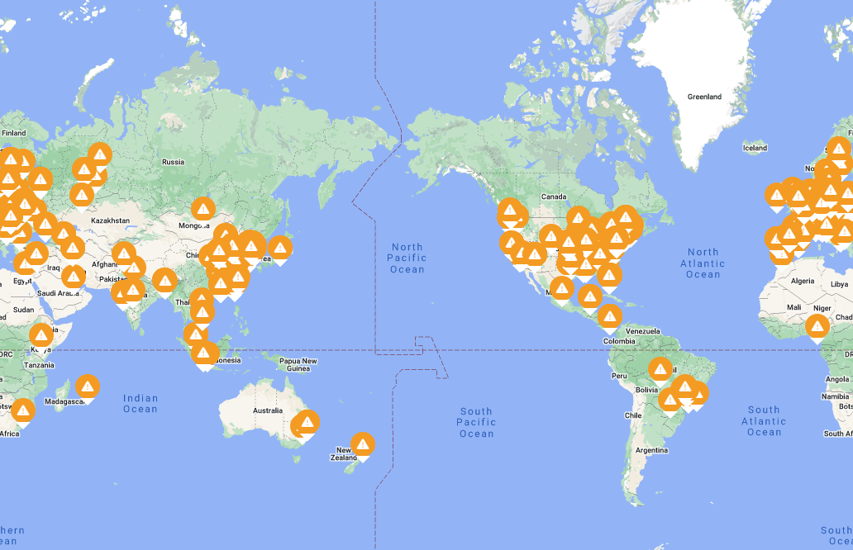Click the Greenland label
tap(704, 97)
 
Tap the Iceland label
tap(755, 149)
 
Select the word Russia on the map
tap(173, 162)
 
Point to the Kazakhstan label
tap(110, 220)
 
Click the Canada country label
tap(553, 197)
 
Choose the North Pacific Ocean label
tap(407, 258)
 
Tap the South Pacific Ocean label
tap(476, 422)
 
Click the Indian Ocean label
tap(141, 403)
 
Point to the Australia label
tap(267, 410)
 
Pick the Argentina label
tap(651, 450)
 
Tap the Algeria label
tap(803, 281)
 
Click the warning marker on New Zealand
tap(363, 445)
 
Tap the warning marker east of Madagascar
tap(88, 386)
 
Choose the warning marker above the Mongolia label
tap(203, 209)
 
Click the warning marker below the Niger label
tap(817, 327)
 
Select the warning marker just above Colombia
tap(610, 315)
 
